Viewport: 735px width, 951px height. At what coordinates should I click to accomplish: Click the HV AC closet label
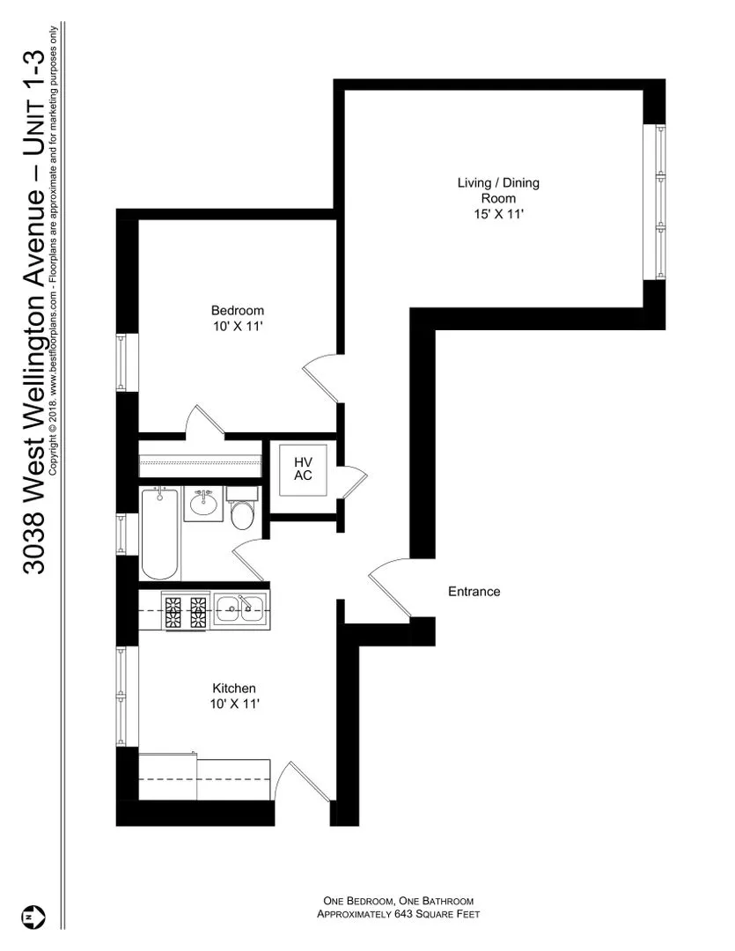coord(303,468)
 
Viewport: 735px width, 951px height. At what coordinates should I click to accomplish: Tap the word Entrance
coord(474,592)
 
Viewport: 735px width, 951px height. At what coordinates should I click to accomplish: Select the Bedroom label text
coord(237,311)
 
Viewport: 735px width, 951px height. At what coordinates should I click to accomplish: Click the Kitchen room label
coord(233,688)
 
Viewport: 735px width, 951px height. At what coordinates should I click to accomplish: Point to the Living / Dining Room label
coord(497,190)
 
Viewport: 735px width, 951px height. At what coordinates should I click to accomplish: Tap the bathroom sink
coord(203,505)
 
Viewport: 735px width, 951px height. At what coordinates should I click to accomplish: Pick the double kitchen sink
coord(239,606)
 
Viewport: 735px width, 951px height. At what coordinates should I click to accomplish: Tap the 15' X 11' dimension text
coord(497,213)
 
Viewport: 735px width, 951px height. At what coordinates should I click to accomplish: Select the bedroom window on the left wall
coord(122,363)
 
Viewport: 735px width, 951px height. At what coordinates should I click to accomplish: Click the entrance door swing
coord(387,588)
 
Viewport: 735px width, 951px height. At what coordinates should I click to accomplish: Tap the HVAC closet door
coord(350,480)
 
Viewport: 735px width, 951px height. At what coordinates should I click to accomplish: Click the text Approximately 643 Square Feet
coord(397,915)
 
